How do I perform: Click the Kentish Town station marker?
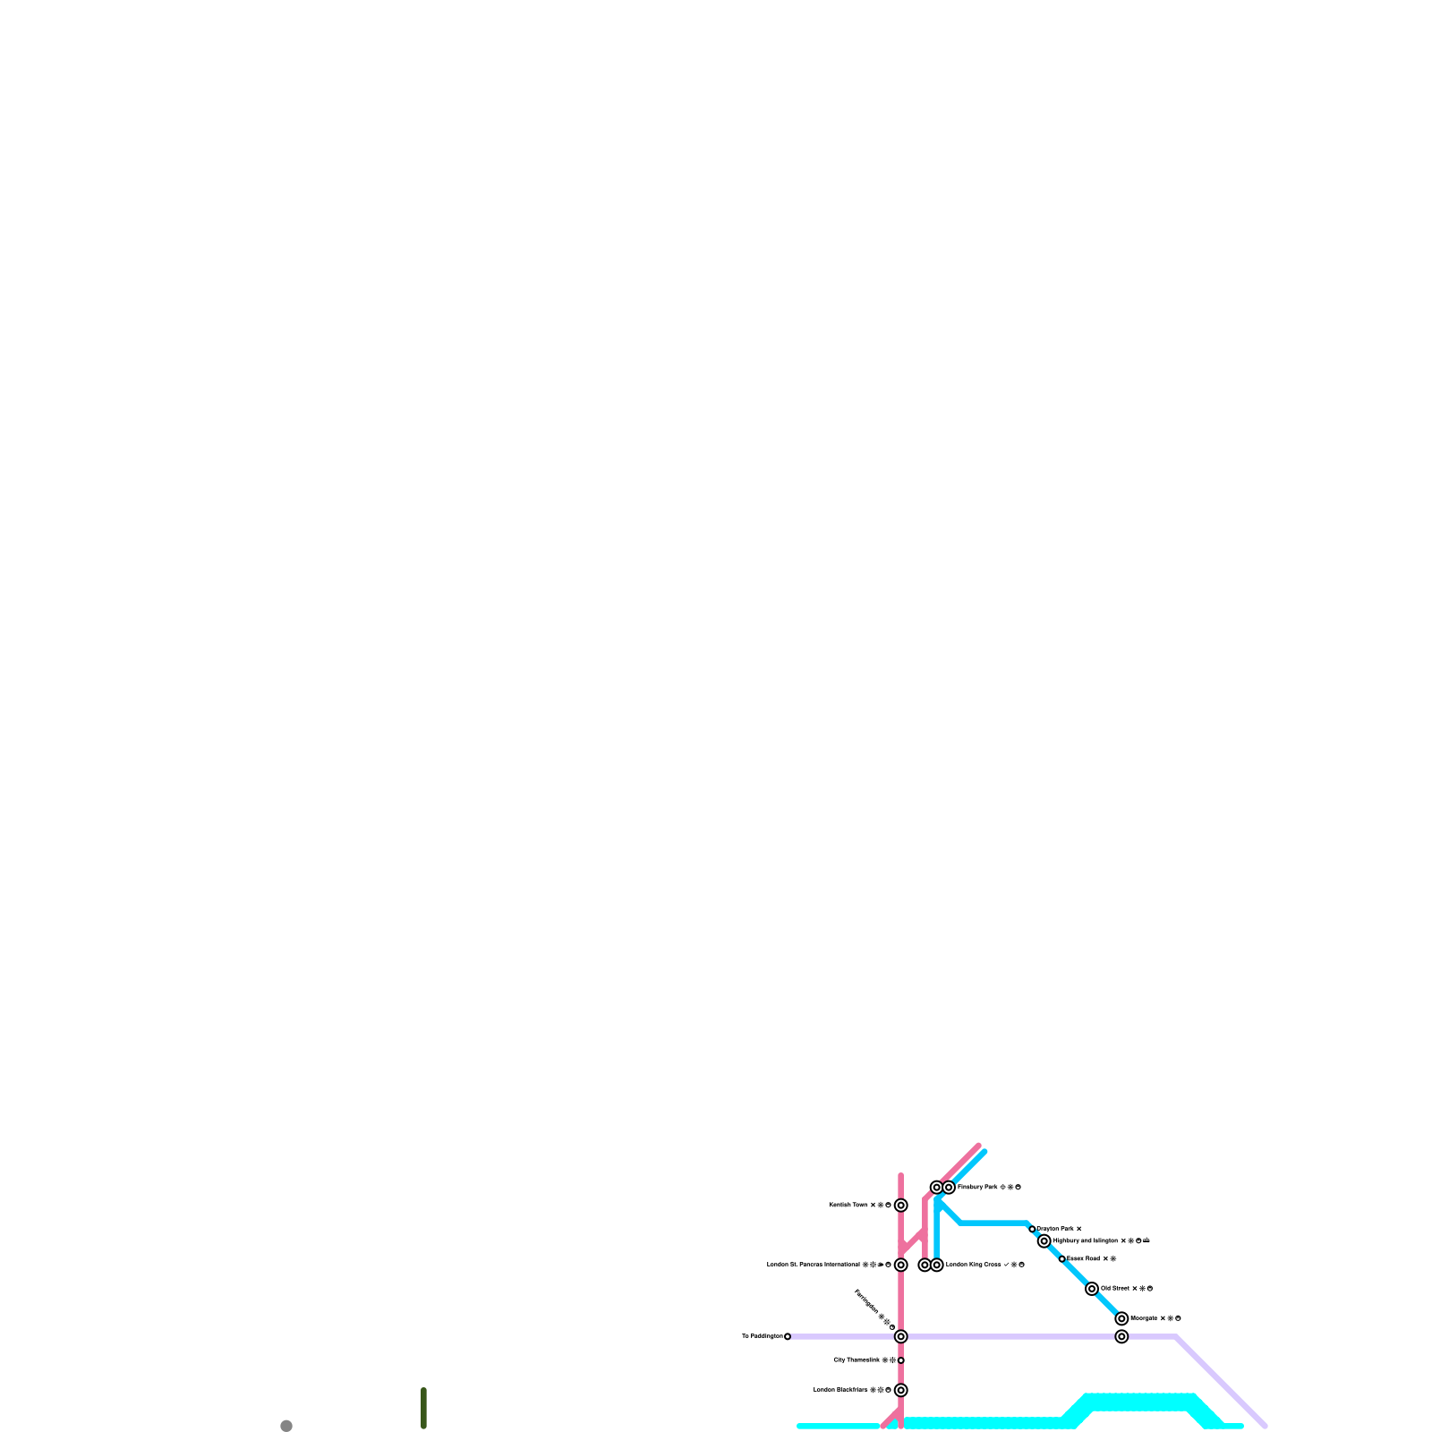tap(900, 1206)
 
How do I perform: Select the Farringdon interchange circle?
tap(900, 1336)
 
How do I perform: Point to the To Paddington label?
tap(762, 1336)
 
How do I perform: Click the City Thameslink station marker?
tap(900, 1360)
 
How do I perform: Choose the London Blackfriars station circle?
tap(900, 1390)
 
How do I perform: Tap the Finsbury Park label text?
tap(977, 1188)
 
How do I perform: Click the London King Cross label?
tap(973, 1265)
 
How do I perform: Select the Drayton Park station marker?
tap(1032, 1229)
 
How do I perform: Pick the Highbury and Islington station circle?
tap(1044, 1240)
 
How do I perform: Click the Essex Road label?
tap(1083, 1258)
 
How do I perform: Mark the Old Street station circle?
tap(1092, 1289)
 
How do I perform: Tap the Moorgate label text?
tap(1144, 1318)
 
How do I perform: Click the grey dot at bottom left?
tap(286, 1426)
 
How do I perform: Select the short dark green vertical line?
tap(423, 1408)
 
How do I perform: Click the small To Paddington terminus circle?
tap(788, 1336)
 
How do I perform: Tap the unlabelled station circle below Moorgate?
tap(1121, 1336)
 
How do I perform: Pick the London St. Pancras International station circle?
tap(900, 1265)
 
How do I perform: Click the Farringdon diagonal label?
tap(866, 1302)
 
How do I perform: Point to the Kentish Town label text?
tap(848, 1206)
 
